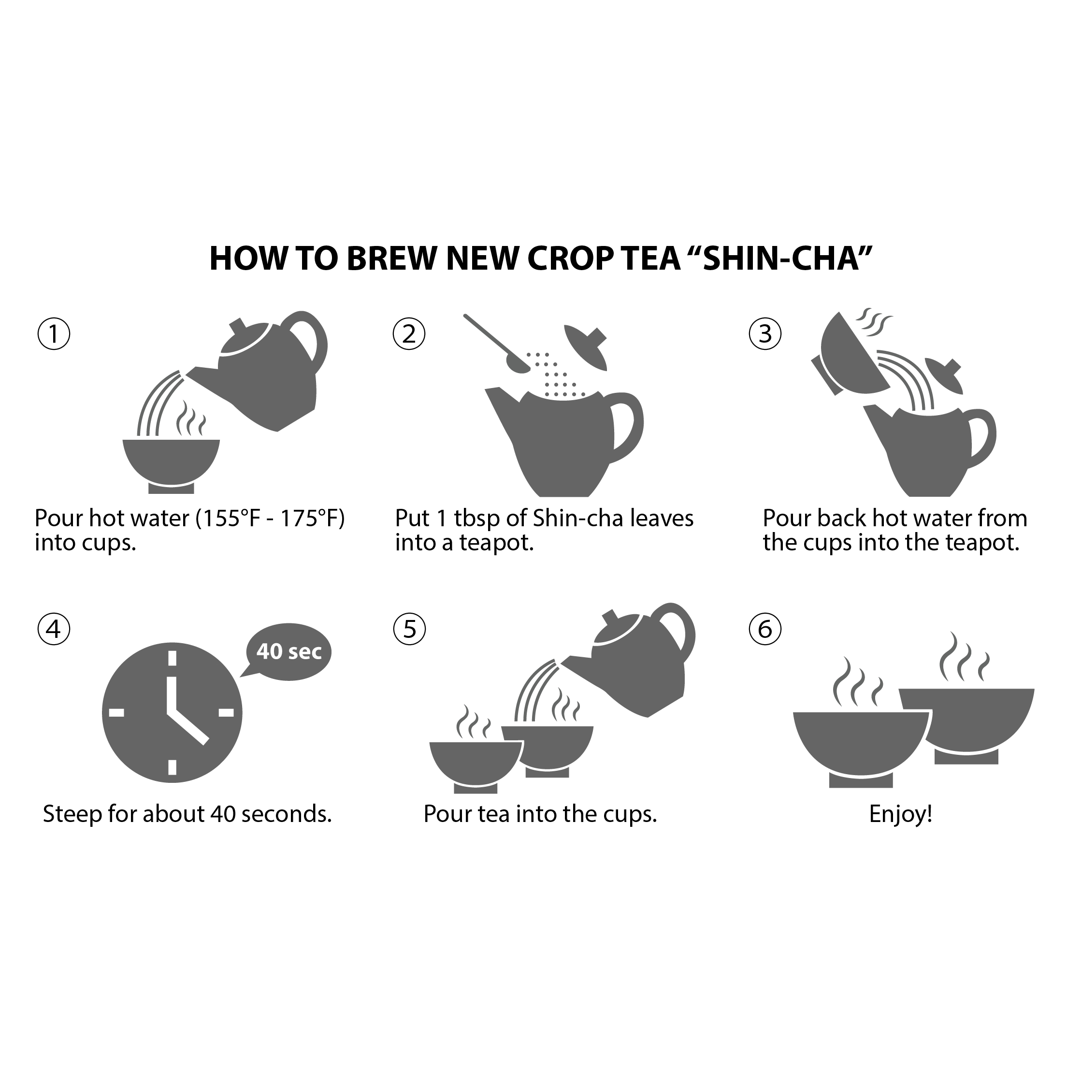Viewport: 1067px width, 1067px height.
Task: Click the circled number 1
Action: coord(54,334)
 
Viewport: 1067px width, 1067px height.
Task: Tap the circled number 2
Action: coord(409,334)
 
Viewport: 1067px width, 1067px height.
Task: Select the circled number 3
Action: coord(765,334)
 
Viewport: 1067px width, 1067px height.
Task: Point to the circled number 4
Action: coord(54,629)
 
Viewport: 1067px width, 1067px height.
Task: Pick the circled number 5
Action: coord(409,629)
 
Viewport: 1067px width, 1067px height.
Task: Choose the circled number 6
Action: coord(765,629)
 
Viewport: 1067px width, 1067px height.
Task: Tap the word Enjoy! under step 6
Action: coord(901,814)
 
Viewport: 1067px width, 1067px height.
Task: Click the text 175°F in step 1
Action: coord(313,518)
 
